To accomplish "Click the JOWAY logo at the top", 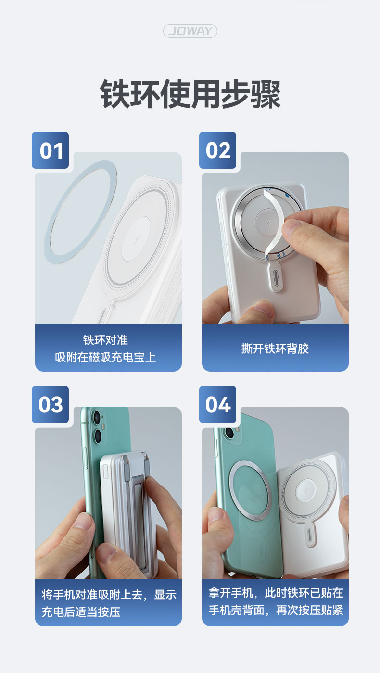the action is click(x=190, y=31).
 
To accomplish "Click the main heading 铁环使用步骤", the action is click(x=190, y=94).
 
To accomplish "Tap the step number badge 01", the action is click(x=50, y=150).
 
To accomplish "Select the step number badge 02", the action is click(x=217, y=150).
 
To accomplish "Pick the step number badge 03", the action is click(x=50, y=404).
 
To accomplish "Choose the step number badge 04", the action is click(x=217, y=404).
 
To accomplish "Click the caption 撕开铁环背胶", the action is click(x=275, y=349).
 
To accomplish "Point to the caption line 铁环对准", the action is click(x=105, y=340).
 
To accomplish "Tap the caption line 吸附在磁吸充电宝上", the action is click(x=105, y=357).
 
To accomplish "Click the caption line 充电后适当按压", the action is click(x=81, y=611).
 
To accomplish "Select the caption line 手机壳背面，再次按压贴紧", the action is click(x=276, y=610).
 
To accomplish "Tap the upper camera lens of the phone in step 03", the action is click(x=97, y=417).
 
